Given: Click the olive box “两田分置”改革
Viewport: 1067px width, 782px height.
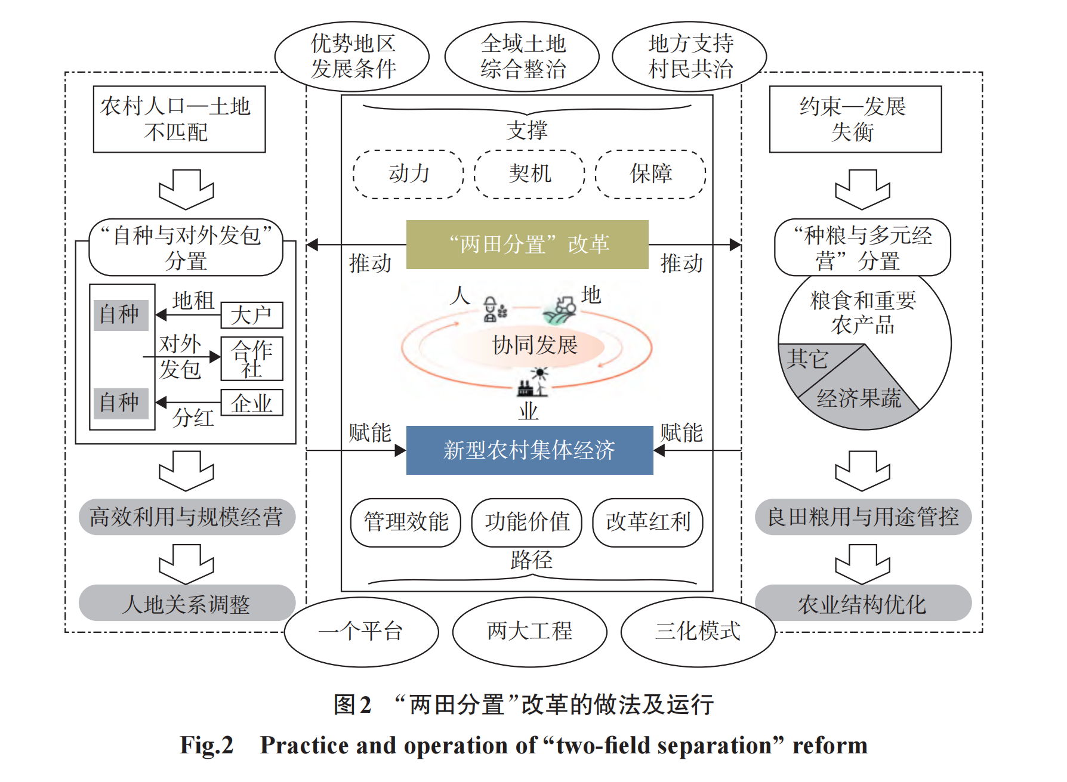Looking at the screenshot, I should click(x=527, y=245).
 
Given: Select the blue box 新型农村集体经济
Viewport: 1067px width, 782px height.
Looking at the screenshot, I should click(x=529, y=450).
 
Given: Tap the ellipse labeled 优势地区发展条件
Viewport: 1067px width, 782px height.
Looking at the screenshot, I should click(x=352, y=57).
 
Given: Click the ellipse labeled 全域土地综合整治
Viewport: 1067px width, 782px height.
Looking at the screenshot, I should click(x=522, y=57).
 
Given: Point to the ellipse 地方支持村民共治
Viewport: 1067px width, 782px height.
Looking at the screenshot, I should click(x=689, y=57).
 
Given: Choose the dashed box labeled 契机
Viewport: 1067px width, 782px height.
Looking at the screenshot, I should click(x=529, y=174).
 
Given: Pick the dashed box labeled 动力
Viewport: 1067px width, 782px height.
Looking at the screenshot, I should click(x=408, y=174).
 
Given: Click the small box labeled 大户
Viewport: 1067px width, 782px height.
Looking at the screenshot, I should click(x=251, y=315).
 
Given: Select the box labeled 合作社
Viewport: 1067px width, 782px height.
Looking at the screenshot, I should click(x=251, y=358).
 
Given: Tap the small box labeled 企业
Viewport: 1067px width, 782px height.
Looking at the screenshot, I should click(x=251, y=403).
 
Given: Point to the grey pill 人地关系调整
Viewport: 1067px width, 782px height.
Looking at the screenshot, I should click(x=187, y=603).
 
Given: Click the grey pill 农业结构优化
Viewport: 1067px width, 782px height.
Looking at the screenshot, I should click(x=862, y=603).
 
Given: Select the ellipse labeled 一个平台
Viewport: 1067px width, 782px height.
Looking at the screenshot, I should click(x=361, y=632).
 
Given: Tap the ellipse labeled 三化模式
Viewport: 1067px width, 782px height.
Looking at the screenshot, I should click(x=698, y=632).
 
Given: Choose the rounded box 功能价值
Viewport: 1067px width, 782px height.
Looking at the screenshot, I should click(x=526, y=523).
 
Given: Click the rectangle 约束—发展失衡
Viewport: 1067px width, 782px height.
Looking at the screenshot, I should click(x=855, y=119).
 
